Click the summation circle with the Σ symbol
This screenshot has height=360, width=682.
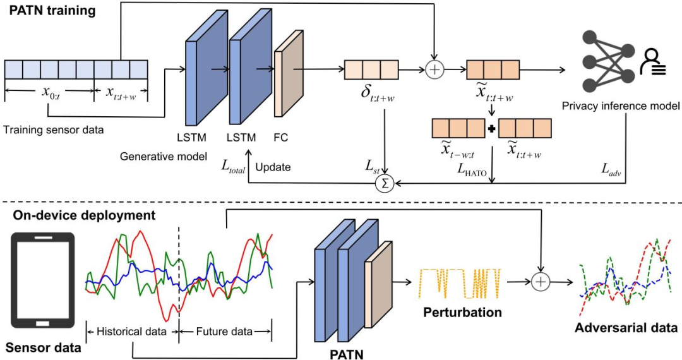click(383, 184)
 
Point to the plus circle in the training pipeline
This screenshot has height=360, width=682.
click(434, 69)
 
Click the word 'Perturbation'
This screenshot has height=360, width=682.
click(463, 313)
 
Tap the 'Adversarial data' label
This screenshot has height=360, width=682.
click(626, 328)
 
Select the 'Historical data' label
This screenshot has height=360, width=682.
click(131, 331)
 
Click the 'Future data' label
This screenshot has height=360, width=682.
click(224, 331)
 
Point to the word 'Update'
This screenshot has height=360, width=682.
click(273, 168)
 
